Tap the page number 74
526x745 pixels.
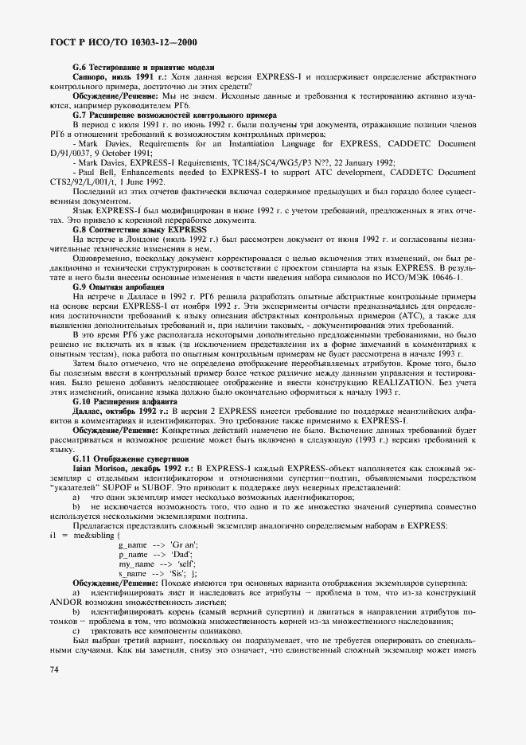pyautogui.click(x=53, y=670)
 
